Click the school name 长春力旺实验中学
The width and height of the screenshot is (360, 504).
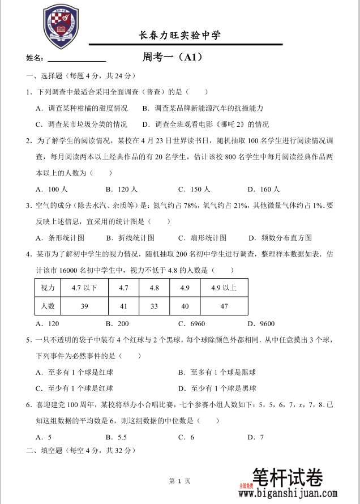click(x=180, y=36)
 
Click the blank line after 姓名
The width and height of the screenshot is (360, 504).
click(x=77, y=58)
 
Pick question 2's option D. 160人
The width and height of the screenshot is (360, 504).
click(x=264, y=190)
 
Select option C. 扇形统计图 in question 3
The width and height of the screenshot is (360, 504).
click(x=202, y=238)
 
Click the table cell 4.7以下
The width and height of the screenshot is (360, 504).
click(x=84, y=288)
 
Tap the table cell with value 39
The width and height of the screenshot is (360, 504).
click(x=84, y=306)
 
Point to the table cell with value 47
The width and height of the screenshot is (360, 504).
click(x=224, y=306)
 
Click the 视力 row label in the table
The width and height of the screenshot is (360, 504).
click(x=48, y=288)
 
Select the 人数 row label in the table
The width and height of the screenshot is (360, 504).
click(x=48, y=306)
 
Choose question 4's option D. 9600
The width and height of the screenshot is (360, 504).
click(x=261, y=324)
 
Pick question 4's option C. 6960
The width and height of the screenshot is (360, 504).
click(x=191, y=324)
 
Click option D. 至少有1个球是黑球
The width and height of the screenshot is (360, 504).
click(x=217, y=388)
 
